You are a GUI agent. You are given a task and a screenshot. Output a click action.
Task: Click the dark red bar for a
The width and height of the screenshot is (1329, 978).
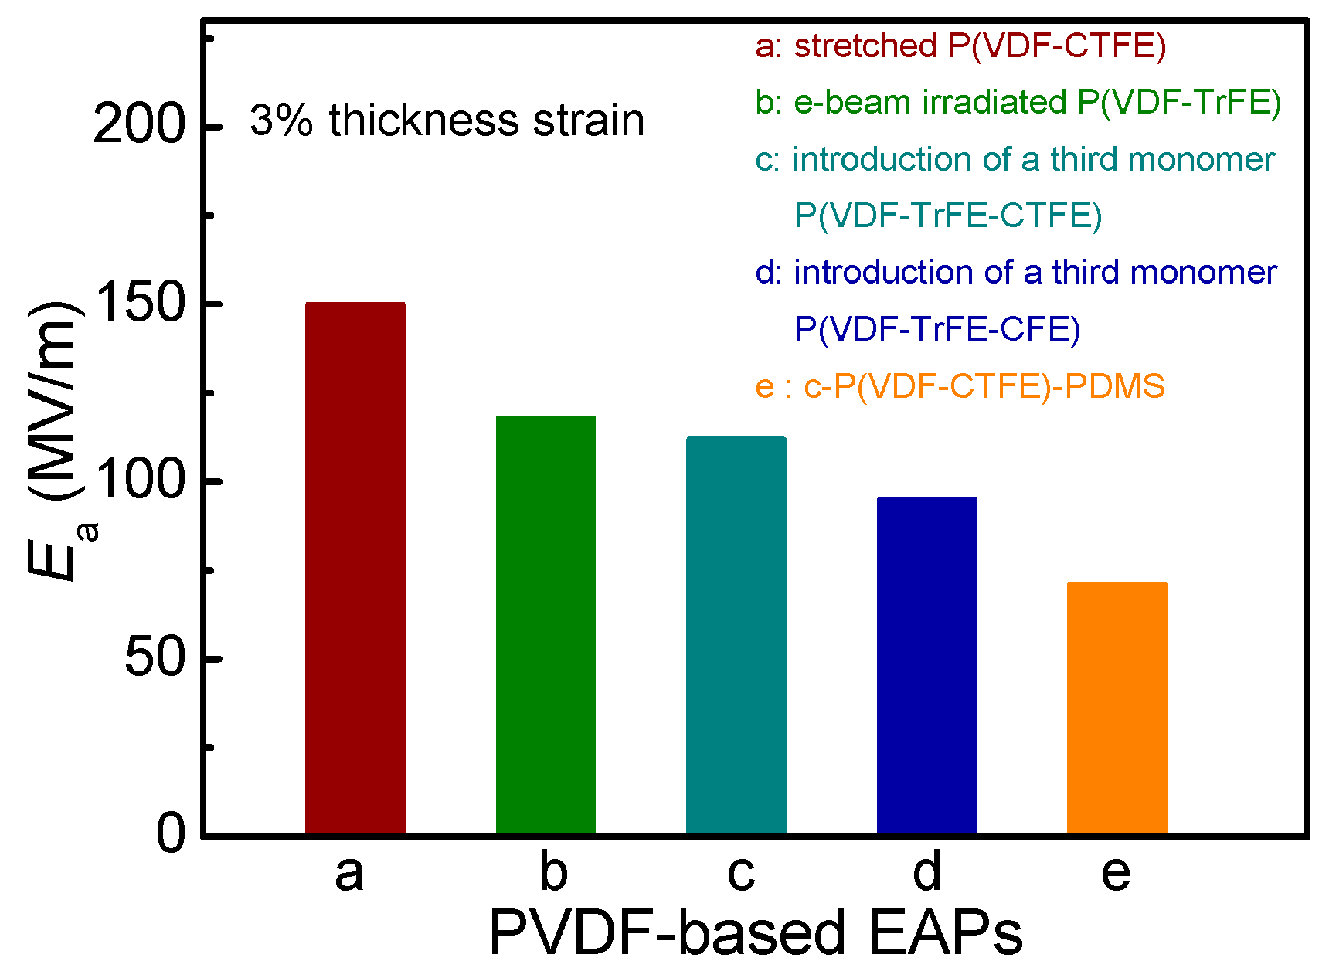click(355, 568)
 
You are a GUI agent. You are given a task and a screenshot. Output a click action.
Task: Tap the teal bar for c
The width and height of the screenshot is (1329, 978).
click(736, 635)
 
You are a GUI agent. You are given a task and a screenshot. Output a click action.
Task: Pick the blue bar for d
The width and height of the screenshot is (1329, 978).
click(926, 665)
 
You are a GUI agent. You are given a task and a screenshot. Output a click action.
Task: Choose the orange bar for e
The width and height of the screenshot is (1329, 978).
click(1117, 708)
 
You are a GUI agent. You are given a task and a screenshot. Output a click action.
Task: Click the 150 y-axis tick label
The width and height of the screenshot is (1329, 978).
click(140, 302)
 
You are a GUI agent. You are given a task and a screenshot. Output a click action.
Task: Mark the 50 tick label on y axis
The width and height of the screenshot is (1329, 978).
click(155, 657)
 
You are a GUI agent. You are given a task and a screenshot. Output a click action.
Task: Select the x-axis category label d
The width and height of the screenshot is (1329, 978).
click(926, 871)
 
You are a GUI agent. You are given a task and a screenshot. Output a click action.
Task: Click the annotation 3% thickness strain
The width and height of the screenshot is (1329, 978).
click(447, 121)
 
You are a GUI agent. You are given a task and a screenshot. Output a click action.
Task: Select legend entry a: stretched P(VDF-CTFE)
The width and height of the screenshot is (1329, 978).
click(960, 46)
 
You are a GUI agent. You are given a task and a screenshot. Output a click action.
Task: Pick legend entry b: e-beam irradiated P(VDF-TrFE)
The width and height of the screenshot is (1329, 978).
click(1018, 102)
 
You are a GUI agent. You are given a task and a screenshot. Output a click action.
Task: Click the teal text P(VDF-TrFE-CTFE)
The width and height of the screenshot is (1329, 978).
click(948, 216)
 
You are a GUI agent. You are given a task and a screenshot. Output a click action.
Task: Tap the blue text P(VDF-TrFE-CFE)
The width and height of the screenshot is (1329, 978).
click(937, 329)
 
